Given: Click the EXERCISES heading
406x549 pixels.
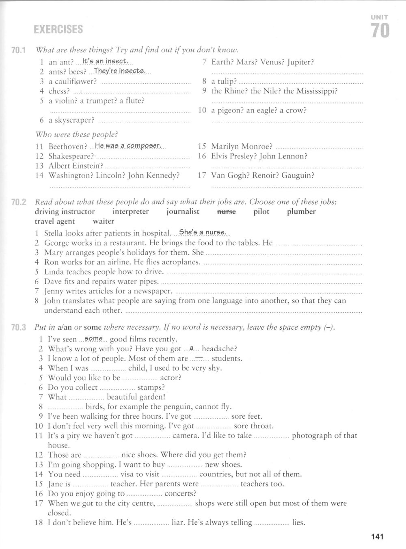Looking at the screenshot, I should click(58, 30).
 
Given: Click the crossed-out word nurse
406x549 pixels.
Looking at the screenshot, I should click(226, 212).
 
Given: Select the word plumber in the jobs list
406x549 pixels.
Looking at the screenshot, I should click(301, 212).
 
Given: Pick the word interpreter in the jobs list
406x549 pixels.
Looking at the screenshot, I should click(130, 212).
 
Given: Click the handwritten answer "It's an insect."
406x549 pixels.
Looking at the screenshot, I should click(105, 62).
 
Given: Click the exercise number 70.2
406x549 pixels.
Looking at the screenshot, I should click(19, 202).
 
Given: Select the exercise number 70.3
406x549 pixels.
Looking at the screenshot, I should click(19, 327).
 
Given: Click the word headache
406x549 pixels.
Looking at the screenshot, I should click(219, 349).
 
